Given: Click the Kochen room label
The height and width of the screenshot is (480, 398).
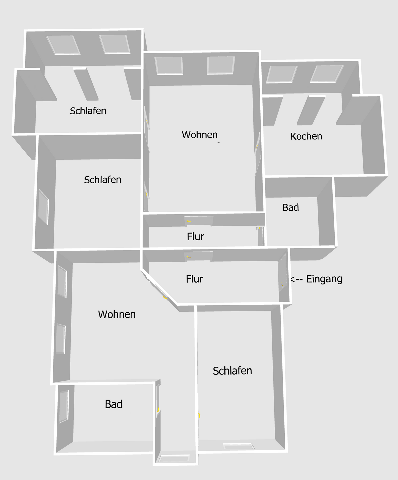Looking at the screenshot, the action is [306, 136].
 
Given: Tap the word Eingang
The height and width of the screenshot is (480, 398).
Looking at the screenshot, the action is [324, 279].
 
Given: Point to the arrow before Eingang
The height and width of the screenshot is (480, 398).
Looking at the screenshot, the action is [297, 279].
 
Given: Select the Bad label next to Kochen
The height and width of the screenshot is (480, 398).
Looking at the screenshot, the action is [290, 208].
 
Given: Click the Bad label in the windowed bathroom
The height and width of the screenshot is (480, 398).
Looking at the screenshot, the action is [114, 404].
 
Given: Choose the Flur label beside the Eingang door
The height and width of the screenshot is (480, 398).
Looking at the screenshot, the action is [194, 279].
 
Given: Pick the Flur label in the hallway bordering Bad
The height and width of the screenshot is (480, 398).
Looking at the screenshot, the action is [195, 237].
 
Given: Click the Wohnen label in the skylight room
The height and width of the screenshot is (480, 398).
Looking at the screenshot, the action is [200, 135].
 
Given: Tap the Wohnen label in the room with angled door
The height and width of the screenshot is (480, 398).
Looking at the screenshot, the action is [117, 314].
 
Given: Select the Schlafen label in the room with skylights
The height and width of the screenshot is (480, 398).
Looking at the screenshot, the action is [88, 111].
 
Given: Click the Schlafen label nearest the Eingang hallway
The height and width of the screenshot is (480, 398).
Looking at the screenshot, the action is [232, 371].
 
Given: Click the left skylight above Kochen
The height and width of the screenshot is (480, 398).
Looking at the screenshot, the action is [281, 74].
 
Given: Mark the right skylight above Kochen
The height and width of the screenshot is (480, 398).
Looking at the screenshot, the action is [326, 74].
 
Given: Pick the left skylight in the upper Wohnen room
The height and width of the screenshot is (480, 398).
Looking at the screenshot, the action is [169, 66].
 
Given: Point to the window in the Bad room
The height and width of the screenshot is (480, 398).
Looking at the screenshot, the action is [64, 407].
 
